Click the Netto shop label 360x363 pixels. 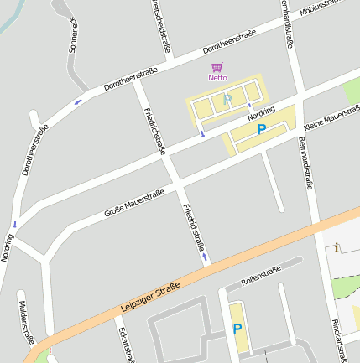217,78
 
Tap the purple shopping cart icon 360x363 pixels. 217,67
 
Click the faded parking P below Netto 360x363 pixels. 227,100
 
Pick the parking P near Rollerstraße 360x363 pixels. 237,329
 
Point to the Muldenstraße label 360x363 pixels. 26,322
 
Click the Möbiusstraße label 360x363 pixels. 322,8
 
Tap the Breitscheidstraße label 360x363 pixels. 160,25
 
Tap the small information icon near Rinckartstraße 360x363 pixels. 337,247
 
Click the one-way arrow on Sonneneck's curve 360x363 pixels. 78,102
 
